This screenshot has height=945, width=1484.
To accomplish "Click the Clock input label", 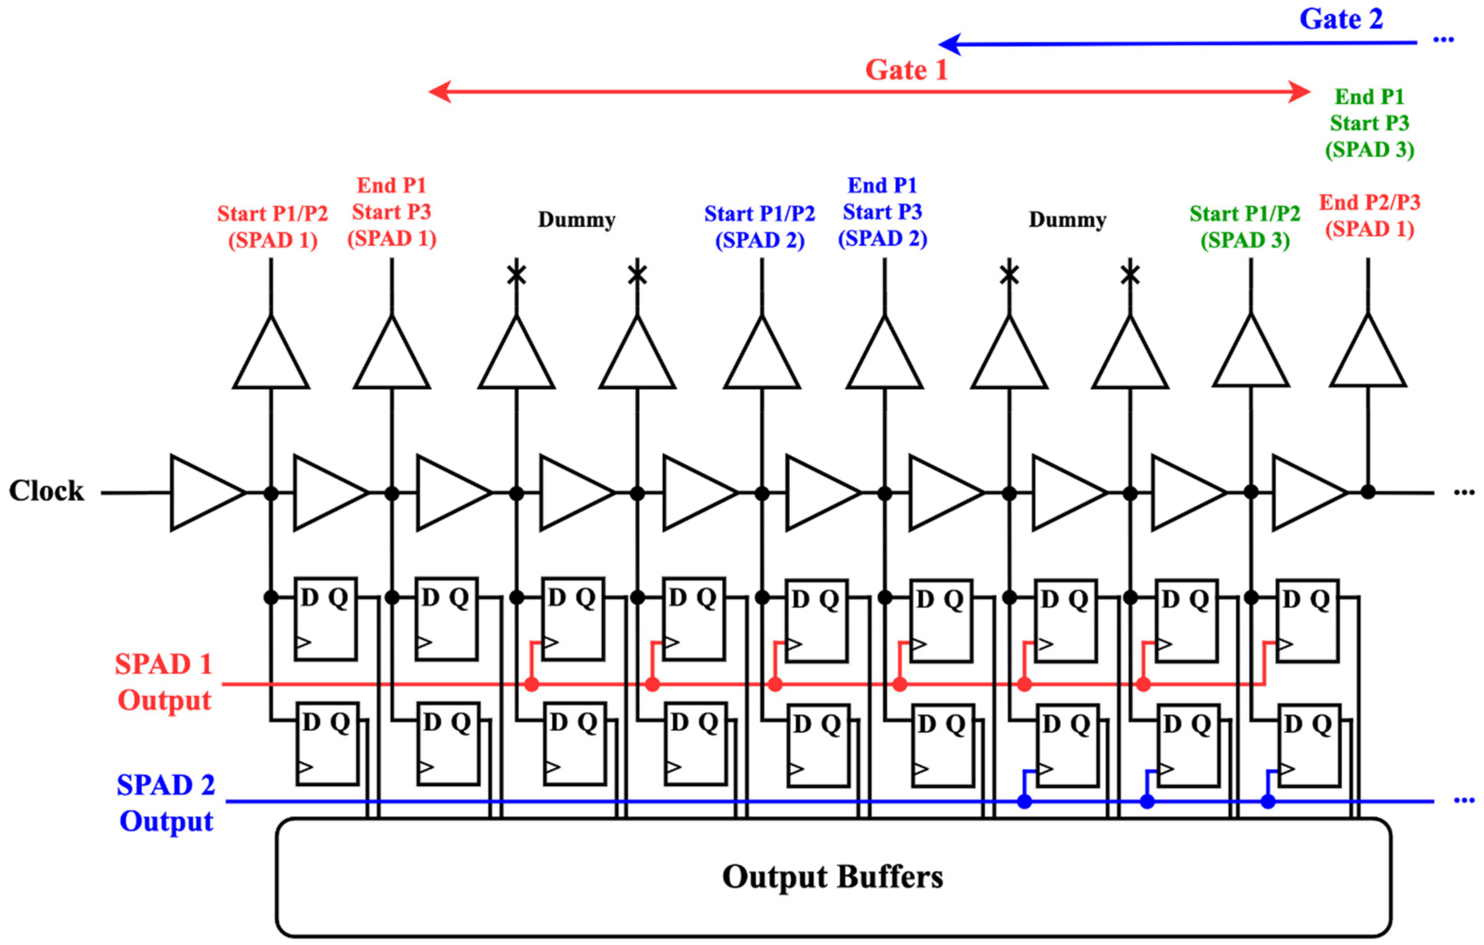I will pos(46,491).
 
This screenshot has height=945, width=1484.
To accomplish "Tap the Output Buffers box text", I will pos(832,877).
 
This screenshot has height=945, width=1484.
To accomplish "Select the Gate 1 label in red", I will pos(905,70).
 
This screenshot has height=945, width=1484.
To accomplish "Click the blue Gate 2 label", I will pos(1341,19).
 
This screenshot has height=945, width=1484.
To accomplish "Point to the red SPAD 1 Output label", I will pos(164,682).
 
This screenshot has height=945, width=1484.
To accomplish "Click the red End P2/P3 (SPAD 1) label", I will pos(1370,215).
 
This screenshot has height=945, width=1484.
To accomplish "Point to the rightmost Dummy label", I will pos(1067,219).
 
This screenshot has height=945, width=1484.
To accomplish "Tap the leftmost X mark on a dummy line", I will pos(517,274).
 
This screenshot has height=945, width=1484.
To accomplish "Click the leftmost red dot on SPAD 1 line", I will pos(531,684).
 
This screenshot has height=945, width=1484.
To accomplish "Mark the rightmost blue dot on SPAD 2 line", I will pos(1268,802).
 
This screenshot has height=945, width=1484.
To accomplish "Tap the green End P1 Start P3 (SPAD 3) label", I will pos(1370,123).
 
